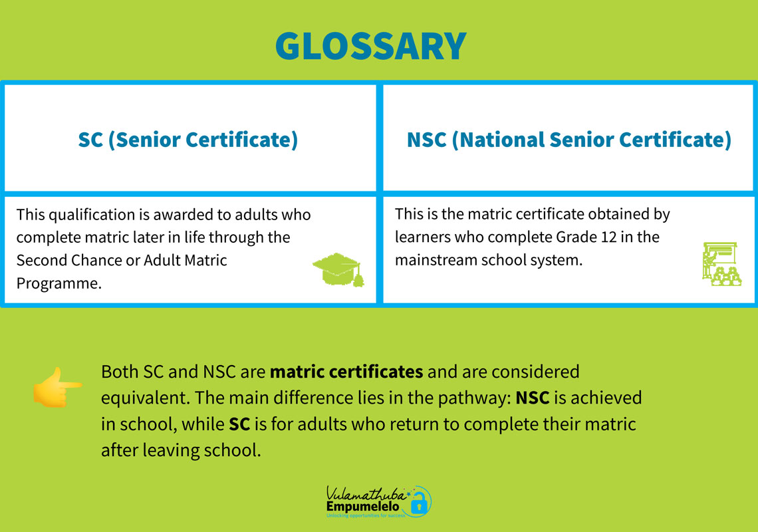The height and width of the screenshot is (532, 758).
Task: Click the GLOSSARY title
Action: [371, 47]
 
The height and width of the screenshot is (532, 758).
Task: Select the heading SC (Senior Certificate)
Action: [188, 140]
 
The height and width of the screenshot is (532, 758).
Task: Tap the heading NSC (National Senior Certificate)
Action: [569, 140]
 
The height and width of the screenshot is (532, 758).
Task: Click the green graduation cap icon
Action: [338, 269]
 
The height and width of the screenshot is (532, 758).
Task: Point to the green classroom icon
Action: [721, 263]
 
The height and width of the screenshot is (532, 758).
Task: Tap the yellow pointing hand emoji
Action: [57, 387]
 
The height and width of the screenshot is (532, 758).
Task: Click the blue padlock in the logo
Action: [419, 504]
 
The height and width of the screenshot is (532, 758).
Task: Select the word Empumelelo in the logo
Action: [362, 506]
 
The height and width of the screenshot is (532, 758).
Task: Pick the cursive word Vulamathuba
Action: [366, 494]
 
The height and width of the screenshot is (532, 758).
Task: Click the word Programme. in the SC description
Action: [59, 283]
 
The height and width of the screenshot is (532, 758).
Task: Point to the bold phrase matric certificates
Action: [346, 372]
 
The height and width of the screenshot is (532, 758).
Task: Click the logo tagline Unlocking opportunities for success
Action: [366, 515]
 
